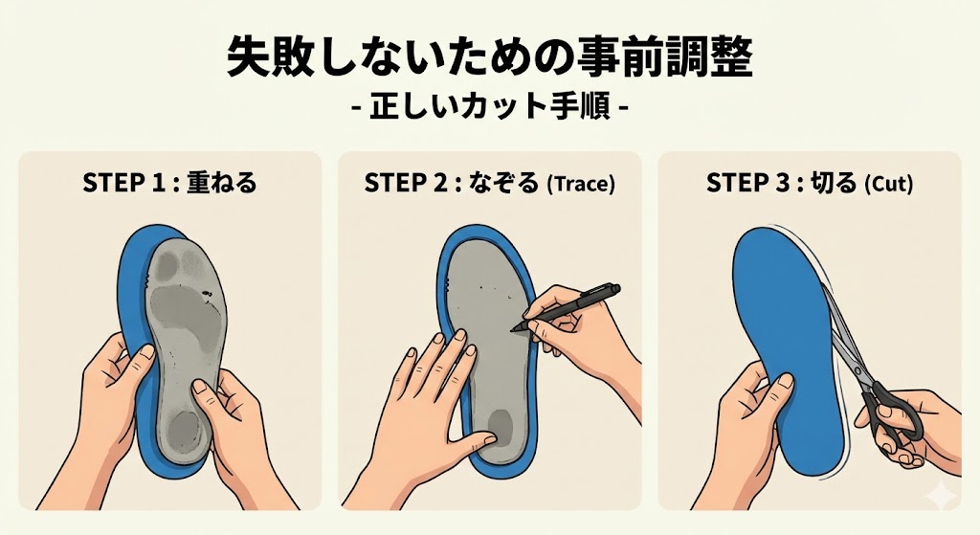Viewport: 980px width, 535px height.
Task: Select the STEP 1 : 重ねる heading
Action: [169, 184]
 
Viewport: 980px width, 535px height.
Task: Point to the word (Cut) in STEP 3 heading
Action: [888, 185]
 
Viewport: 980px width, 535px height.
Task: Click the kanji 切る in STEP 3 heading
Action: [835, 184]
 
